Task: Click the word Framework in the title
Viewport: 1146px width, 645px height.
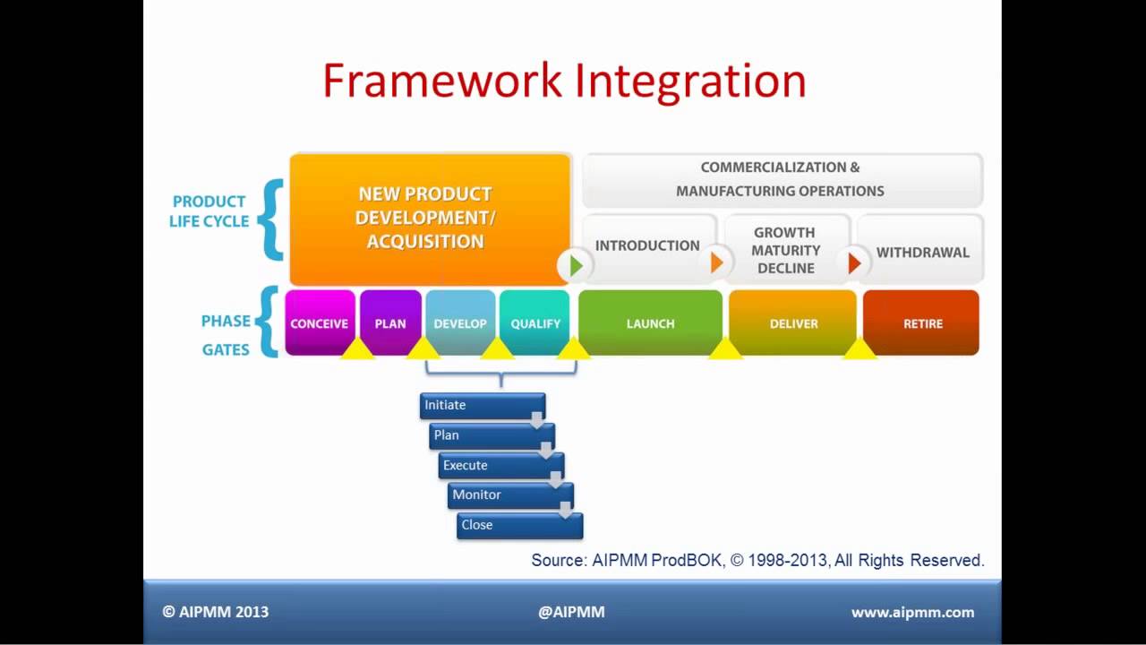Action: tap(442, 81)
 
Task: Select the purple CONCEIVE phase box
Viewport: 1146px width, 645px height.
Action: tap(320, 322)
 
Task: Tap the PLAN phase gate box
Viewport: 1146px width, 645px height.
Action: tap(390, 322)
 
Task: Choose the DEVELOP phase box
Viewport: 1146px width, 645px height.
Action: tap(460, 322)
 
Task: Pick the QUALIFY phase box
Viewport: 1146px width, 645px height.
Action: tap(535, 322)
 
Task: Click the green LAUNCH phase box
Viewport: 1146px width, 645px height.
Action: tap(650, 322)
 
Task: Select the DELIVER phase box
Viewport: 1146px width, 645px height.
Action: tap(793, 322)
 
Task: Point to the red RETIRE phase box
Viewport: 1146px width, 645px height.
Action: tap(921, 322)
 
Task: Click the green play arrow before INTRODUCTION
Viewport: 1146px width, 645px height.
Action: tap(577, 266)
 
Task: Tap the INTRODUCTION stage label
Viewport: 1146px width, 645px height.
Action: tap(647, 245)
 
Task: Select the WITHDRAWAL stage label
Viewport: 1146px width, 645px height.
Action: tap(923, 253)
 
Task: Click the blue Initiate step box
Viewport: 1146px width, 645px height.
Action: tap(483, 406)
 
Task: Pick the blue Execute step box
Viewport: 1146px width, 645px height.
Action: tap(501, 466)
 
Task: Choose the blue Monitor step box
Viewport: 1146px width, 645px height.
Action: tap(510, 495)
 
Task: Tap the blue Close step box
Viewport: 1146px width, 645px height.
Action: tap(520, 526)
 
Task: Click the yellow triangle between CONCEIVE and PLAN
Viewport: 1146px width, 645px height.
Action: tap(357, 349)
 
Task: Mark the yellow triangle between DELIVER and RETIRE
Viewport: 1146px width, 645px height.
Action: tap(859, 349)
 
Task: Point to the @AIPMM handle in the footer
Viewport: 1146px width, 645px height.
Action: tap(571, 612)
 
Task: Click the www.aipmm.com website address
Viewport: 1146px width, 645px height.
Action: tap(912, 612)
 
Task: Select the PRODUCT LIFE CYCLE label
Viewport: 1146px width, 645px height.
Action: tap(209, 211)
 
